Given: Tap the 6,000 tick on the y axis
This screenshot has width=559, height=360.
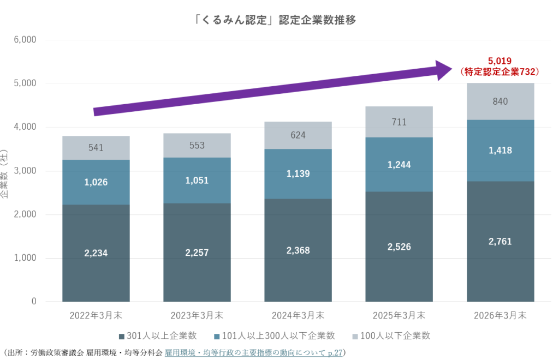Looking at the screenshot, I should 25,40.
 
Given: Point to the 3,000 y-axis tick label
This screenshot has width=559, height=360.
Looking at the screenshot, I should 25,171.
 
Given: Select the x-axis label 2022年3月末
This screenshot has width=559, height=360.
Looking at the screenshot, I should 96,315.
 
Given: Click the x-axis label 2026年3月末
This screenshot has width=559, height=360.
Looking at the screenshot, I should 500,315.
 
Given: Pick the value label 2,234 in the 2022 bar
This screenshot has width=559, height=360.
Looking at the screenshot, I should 96,253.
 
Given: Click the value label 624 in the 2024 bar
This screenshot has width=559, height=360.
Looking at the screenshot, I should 298,135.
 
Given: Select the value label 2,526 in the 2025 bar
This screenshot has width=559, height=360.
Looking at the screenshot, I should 399,248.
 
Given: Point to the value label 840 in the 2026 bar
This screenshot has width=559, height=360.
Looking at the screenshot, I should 500,101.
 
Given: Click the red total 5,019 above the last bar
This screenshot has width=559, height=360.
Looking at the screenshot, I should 499,61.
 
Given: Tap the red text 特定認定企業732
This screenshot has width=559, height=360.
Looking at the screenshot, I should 500,71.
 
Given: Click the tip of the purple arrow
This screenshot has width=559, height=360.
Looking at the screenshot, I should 451,68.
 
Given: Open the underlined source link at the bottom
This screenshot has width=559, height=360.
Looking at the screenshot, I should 253,352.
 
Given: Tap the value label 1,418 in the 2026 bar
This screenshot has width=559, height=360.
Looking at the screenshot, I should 500,150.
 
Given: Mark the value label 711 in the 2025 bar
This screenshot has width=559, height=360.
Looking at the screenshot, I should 399,122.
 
